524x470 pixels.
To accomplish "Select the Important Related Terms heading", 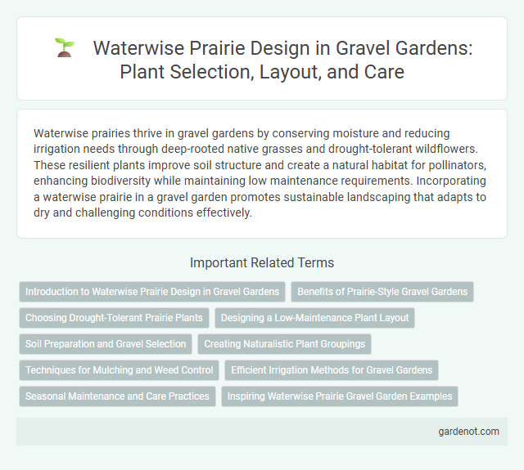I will click(x=261, y=262).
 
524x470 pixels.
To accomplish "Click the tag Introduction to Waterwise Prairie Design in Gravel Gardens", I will click(x=151, y=292).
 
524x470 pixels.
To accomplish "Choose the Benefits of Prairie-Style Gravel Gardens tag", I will click(x=382, y=292).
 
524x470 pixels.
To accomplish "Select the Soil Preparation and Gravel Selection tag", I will click(x=107, y=344).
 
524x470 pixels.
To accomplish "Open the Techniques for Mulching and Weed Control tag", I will click(x=119, y=370).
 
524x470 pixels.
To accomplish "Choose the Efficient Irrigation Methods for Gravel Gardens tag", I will click(x=332, y=370).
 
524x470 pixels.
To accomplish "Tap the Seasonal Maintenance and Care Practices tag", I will click(x=117, y=396).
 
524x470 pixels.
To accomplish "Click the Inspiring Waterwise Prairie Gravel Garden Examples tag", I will click(x=339, y=396).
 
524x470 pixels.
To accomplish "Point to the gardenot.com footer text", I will click(x=468, y=431).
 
